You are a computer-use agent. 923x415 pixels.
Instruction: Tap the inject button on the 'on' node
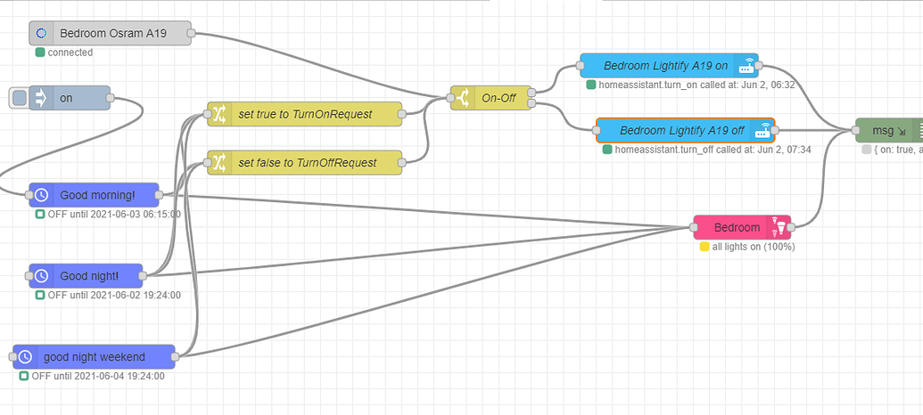pyautogui.click(x=19, y=98)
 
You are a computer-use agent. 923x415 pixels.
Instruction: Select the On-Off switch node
pyautogui.click(x=490, y=98)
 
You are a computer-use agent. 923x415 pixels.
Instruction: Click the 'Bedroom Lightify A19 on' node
pyautogui.click(x=668, y=65)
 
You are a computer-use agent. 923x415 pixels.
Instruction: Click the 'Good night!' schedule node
pyautogui.click(x=87, y=275)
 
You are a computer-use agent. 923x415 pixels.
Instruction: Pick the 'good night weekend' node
pyautogui.click(x=94, y=357)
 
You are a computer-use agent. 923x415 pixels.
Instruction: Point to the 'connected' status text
pyautogui.click(x=70, y=53)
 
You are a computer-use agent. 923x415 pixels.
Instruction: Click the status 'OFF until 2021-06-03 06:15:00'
pyautogui.click(x=113, y=215)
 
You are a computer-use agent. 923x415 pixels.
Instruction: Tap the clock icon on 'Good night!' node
pyautogui.click(x=41, y=275)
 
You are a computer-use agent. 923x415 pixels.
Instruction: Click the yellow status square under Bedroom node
pyautogui.click(x=705, y=247)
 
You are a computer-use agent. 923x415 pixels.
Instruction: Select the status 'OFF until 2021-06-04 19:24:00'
pyautogui.click(x=97, y=377)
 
